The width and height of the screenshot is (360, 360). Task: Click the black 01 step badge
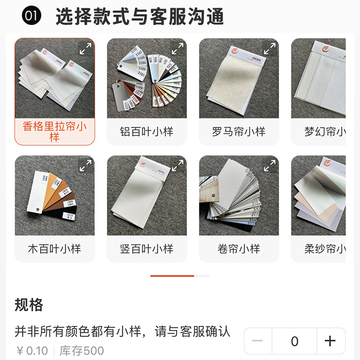(31, 16)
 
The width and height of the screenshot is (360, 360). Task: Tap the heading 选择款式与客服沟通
(140, 16)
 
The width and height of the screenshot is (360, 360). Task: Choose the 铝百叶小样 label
(147, 132)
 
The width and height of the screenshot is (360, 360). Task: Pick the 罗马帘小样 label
(239, 132)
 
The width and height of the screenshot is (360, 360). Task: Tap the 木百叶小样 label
(54, 249)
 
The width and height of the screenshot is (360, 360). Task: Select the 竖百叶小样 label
(147, 249)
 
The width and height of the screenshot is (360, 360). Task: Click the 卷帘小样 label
(239, 249)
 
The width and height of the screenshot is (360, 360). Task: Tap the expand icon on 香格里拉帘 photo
(85, 48)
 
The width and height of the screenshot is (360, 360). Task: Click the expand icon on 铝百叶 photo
(177, 48)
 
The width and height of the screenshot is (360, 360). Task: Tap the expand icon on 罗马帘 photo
(269, 48)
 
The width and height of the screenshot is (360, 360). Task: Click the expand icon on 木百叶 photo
(85, 165)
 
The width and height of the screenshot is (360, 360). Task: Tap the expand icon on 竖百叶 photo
(177, 165)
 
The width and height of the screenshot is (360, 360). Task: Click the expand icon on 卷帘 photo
(269, 165)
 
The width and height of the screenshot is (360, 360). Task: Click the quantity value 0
(294, 341)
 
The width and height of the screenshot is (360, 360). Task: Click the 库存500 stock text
(81, 351)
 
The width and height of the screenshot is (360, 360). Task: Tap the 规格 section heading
(29, 305)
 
